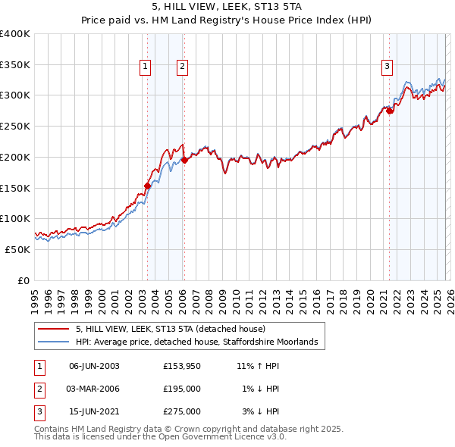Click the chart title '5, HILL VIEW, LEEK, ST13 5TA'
click(x=227, y=8)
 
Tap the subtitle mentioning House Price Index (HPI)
click(x=227, y=21)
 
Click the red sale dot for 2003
click(x=147, y=185)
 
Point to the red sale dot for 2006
click(x=184, y=160)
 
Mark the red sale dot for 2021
click(x=390, y=111)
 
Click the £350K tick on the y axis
click(x=15, y=64)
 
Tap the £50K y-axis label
click(x=17, y=249)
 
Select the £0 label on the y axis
click(x=24, y=280)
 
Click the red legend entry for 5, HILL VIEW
click(x=170, y=330)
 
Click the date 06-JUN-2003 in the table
click(x=94, y=366)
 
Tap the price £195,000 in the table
click(x=181, y=389)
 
